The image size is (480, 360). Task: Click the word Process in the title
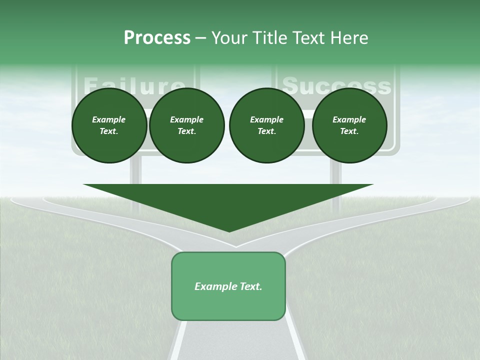[x=157, y=38]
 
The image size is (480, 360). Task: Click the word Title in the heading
[x=269, y=38]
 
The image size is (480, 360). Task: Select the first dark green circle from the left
[x=109, y=125]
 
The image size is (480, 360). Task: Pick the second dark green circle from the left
[x=186, y=125]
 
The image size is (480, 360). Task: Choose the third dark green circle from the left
[x=266, y=125]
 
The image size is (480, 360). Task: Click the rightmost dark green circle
[x=349, y=125]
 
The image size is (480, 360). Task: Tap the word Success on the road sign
[x=336, y=85]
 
